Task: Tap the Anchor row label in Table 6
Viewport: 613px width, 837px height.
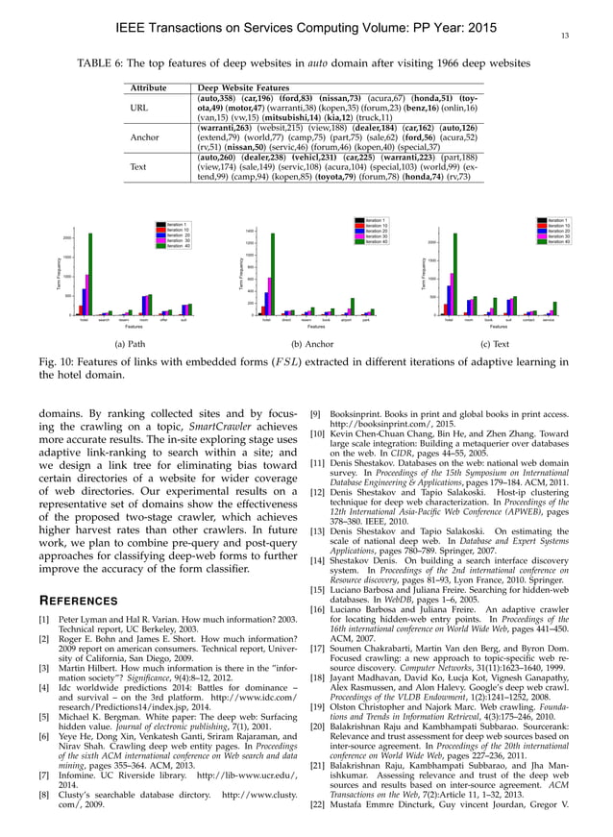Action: (138, 137)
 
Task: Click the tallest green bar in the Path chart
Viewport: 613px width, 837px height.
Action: (91, 274)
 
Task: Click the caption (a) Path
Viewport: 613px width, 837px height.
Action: (129, 343)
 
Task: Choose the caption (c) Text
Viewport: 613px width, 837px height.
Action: (494, 343)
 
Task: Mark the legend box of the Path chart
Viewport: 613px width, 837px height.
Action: (174, 234)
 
